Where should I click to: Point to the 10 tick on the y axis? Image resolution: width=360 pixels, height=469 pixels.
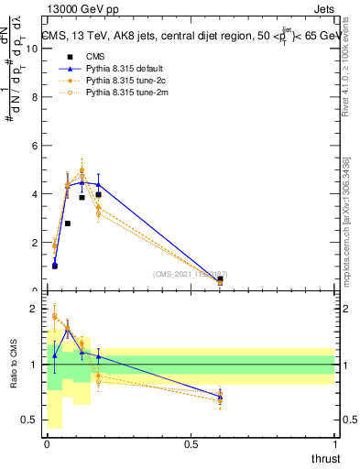[34, 49]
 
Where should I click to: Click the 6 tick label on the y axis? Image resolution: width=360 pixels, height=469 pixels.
[36, 147]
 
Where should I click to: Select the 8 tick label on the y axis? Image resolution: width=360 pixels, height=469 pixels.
[36, 98]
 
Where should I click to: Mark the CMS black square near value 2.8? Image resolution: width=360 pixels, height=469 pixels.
[67, 224]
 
